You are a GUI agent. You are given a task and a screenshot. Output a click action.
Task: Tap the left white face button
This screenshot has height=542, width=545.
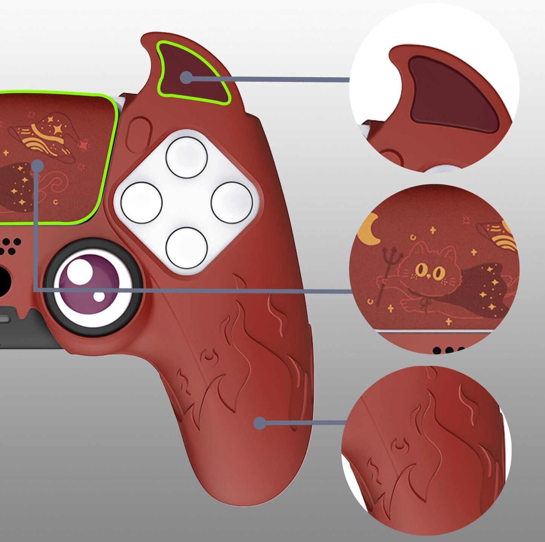click(x=141, y=202)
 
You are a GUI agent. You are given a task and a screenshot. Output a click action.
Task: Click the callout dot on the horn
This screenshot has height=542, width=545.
click(x=186, y=78)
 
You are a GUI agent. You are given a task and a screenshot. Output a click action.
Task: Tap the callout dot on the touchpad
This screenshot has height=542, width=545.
click(x=37, y=166)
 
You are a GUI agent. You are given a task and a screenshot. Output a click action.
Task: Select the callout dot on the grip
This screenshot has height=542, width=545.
click(x=259, y=423)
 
